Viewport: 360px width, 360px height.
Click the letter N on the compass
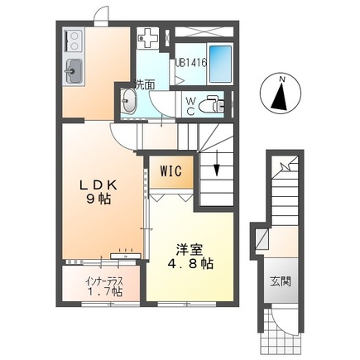pyautogui.click(x=281, y=79)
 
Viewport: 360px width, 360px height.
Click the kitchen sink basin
pyautogui.click(x=73, y=71)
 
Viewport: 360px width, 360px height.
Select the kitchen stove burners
pyautogui.click(x=71, y=41)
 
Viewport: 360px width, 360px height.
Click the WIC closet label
pyautogui.click(x=171, y=172)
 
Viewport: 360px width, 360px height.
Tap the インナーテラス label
pyautogui.click(x=103, y=279)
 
